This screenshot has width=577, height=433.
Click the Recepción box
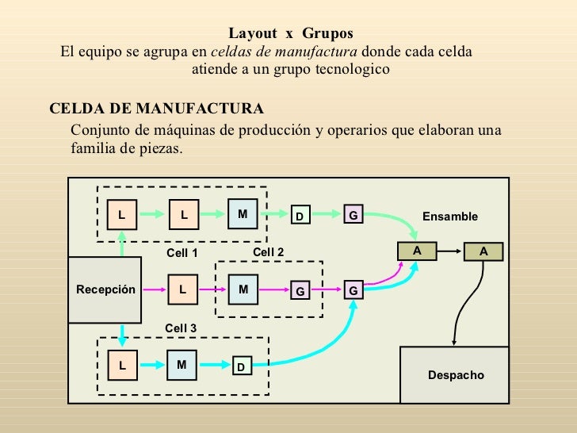[106, 290]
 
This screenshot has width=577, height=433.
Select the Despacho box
[455, 374]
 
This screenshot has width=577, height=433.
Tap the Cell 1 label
[182, 253]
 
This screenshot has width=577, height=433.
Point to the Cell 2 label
[268, 251]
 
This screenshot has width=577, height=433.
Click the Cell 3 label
[181, 328]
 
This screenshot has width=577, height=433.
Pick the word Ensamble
[449, 216]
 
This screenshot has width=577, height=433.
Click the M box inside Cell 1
[243, 214]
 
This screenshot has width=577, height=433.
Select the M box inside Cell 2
[243, 290]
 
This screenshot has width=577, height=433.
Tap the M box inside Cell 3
[182, 365]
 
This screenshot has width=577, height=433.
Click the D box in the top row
[300, 216]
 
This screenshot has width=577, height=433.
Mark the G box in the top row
[353, 215]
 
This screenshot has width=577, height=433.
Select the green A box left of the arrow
[416, 251]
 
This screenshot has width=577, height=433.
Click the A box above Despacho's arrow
[483, 251]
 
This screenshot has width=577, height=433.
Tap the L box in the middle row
[182, 290]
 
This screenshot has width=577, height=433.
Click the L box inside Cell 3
[123, 366]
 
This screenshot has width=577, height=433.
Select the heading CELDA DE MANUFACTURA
[157, 109]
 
